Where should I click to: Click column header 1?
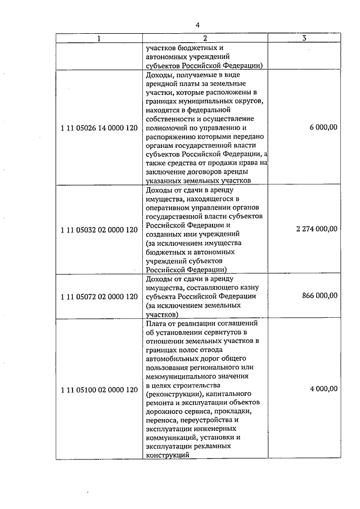point(100,38)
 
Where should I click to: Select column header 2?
point(205,38)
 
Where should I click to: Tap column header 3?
point(304,38)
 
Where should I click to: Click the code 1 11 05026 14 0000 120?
point(99,128)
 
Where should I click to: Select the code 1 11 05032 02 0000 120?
point(99,229)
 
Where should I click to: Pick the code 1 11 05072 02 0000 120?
point(99,296)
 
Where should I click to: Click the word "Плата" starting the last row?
point(156,323)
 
